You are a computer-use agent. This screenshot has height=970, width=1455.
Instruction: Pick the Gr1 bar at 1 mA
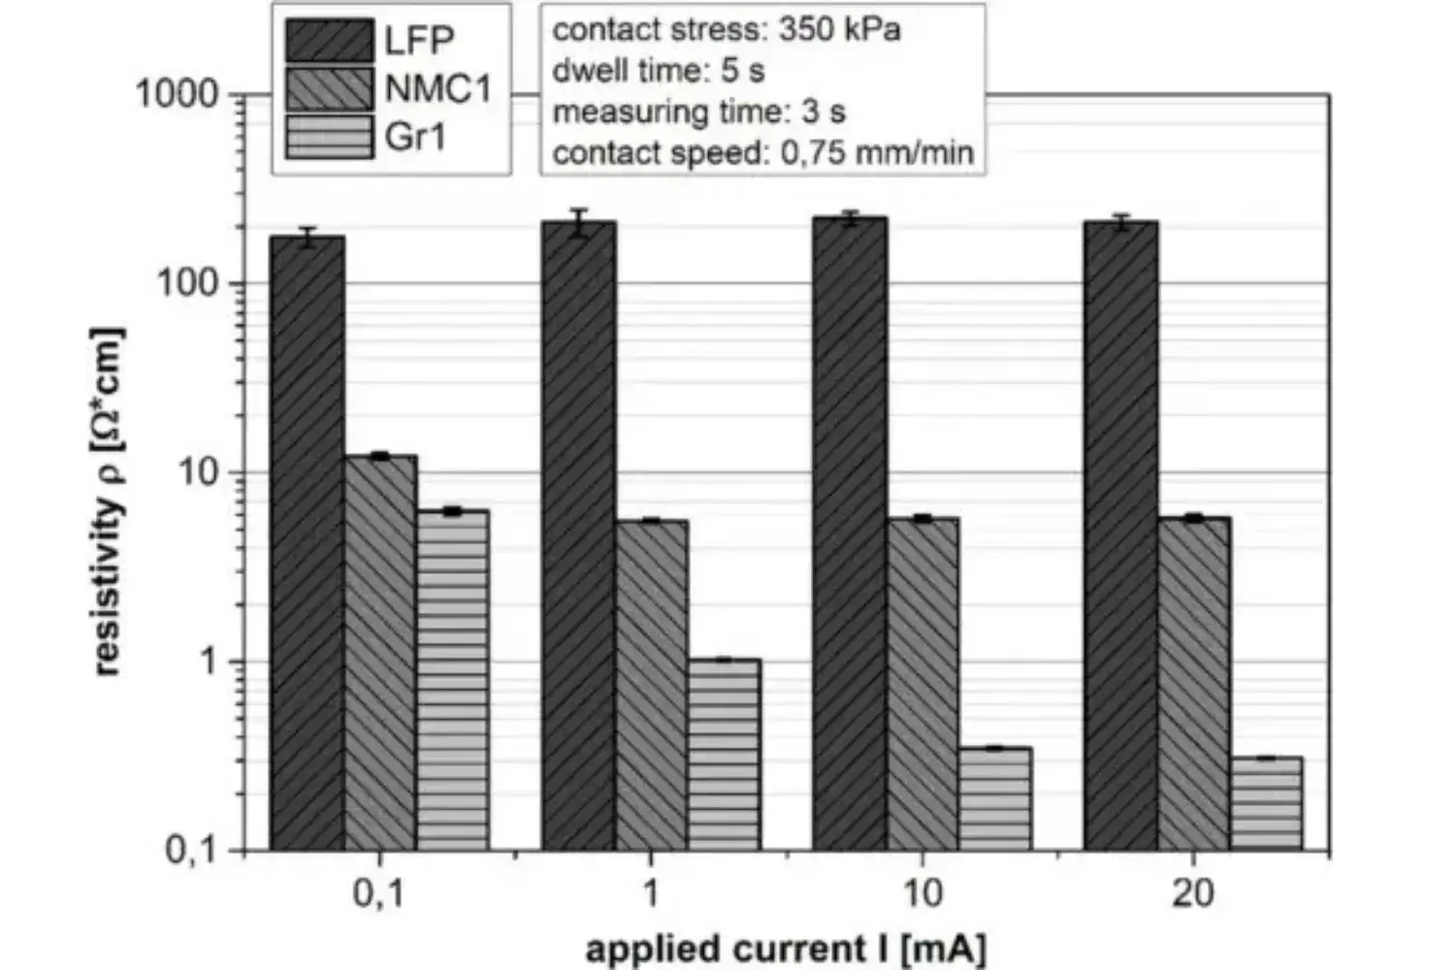(724, 755)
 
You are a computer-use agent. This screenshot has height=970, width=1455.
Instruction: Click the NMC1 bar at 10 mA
(922, 684)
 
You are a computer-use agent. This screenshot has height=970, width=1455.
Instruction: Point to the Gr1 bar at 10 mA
(995, 798)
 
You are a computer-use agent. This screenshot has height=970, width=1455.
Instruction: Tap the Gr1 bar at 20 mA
(1266, 803)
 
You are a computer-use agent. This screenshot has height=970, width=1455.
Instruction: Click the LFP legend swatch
(329, 41)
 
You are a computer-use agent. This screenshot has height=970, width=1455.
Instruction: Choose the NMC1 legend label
(438, 88)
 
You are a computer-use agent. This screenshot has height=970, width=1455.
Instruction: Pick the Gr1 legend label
(415, 137)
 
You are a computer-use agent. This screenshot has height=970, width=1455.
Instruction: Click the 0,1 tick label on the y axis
(191, 851)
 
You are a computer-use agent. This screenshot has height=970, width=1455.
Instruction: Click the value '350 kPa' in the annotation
(840, 29)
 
